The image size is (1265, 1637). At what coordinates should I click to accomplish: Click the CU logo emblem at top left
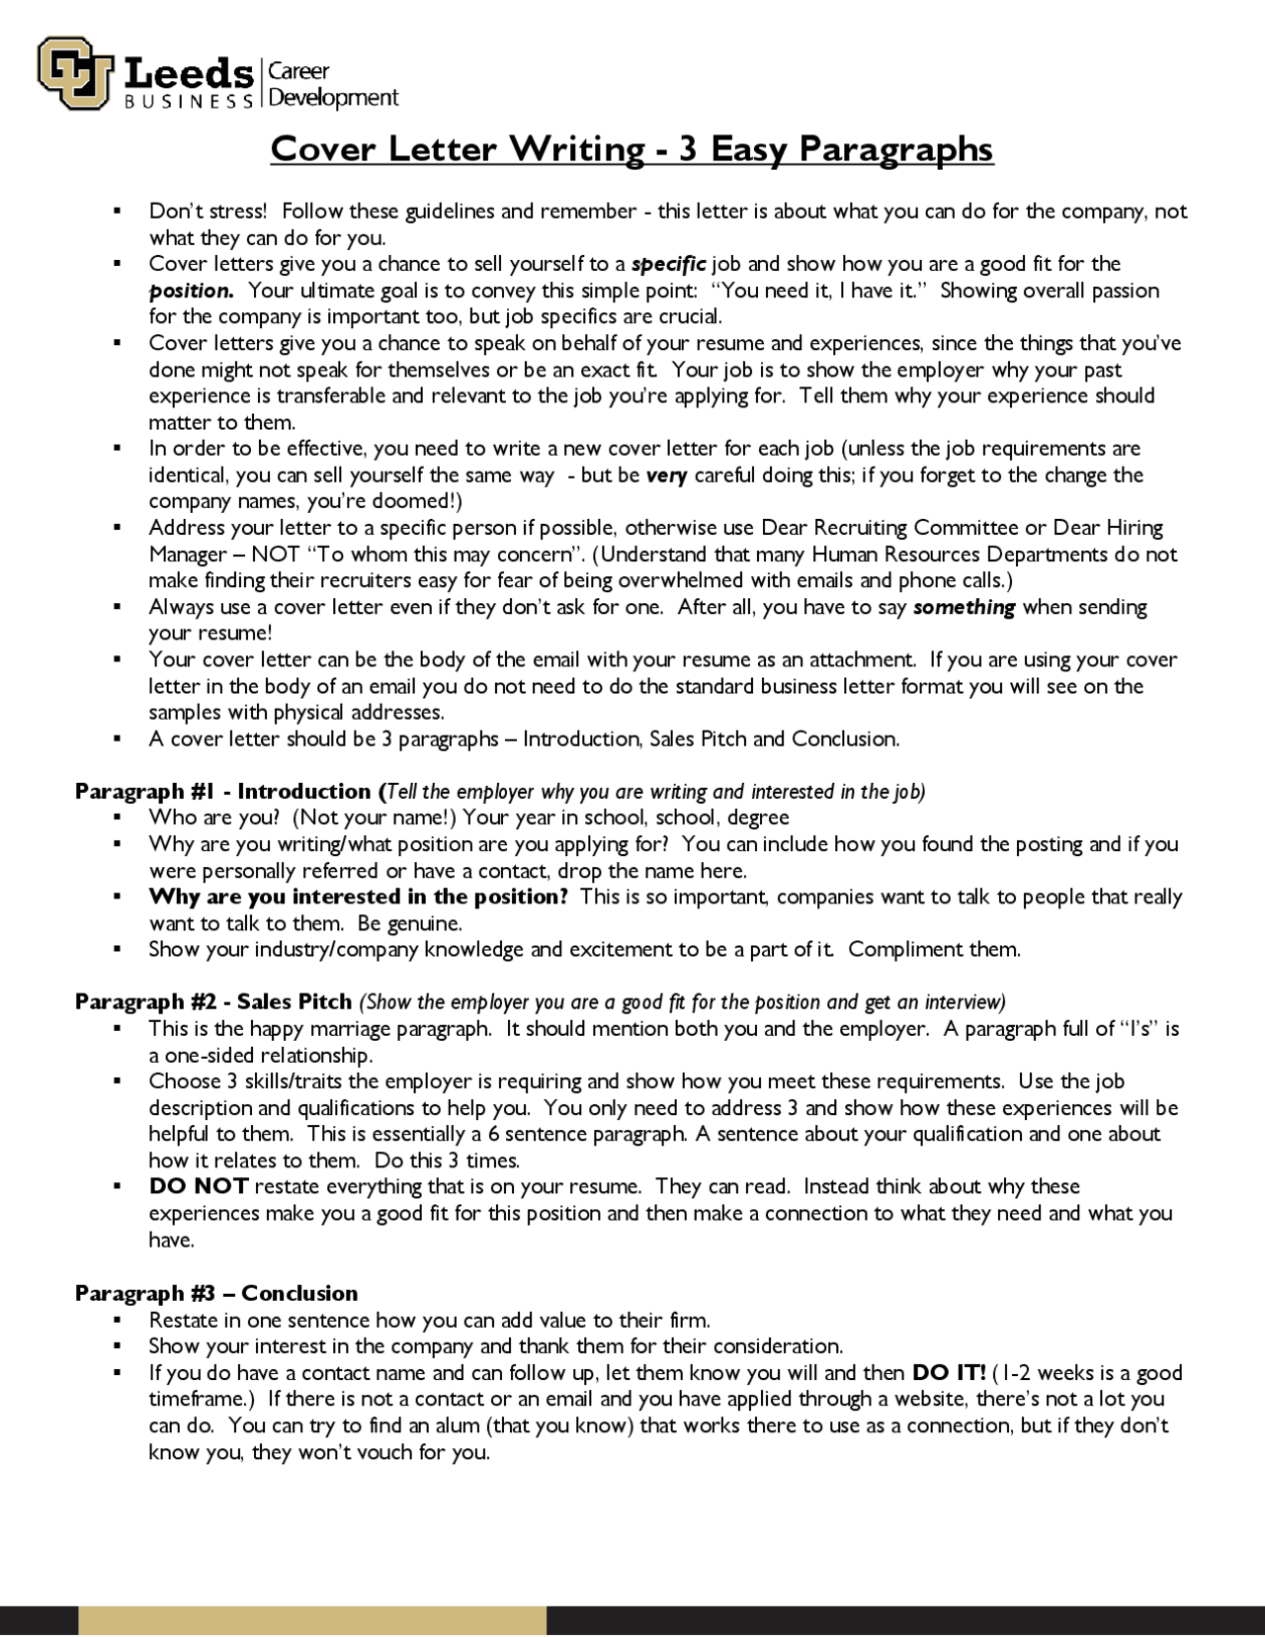[74, 73]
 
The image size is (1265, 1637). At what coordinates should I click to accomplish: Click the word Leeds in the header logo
[189, 74]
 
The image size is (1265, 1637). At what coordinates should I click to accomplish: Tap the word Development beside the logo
[333, 98]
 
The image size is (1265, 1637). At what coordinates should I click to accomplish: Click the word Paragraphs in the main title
[895, 149]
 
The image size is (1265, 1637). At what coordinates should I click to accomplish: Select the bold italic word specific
[668, 264]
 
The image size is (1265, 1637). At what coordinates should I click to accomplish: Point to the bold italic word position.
[191, 291]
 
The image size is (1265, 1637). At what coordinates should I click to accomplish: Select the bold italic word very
[666, 475]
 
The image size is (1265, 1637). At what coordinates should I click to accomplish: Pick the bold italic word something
[964, 607]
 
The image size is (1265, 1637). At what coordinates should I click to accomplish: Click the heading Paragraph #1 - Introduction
[226, 792]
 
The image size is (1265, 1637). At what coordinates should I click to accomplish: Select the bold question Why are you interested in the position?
[358, 898]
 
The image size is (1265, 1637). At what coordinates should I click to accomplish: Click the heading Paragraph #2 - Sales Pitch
[213, 1002]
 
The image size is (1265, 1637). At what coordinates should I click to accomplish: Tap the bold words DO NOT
[198, 1187]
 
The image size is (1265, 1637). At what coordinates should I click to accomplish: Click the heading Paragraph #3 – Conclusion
[216, 1294]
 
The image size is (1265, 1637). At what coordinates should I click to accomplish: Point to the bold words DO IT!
[948, 1373]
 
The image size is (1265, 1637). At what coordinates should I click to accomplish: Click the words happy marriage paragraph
[370, 1029]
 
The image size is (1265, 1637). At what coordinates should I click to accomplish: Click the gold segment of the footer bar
[311, 1621]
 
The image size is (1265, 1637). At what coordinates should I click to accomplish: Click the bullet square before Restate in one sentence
[117, 1321]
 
